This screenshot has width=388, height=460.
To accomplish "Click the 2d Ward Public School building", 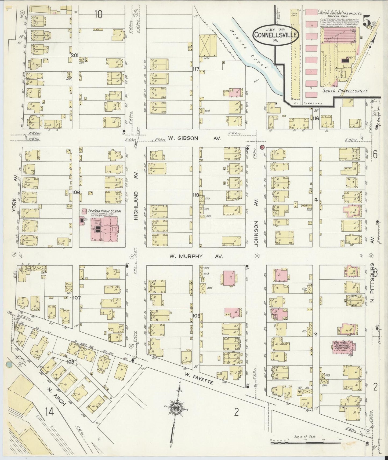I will (104, 228).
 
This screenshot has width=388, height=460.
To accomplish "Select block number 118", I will (195, 195).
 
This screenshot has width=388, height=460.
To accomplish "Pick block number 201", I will (75, 56).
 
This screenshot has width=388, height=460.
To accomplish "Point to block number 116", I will (315, 118).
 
